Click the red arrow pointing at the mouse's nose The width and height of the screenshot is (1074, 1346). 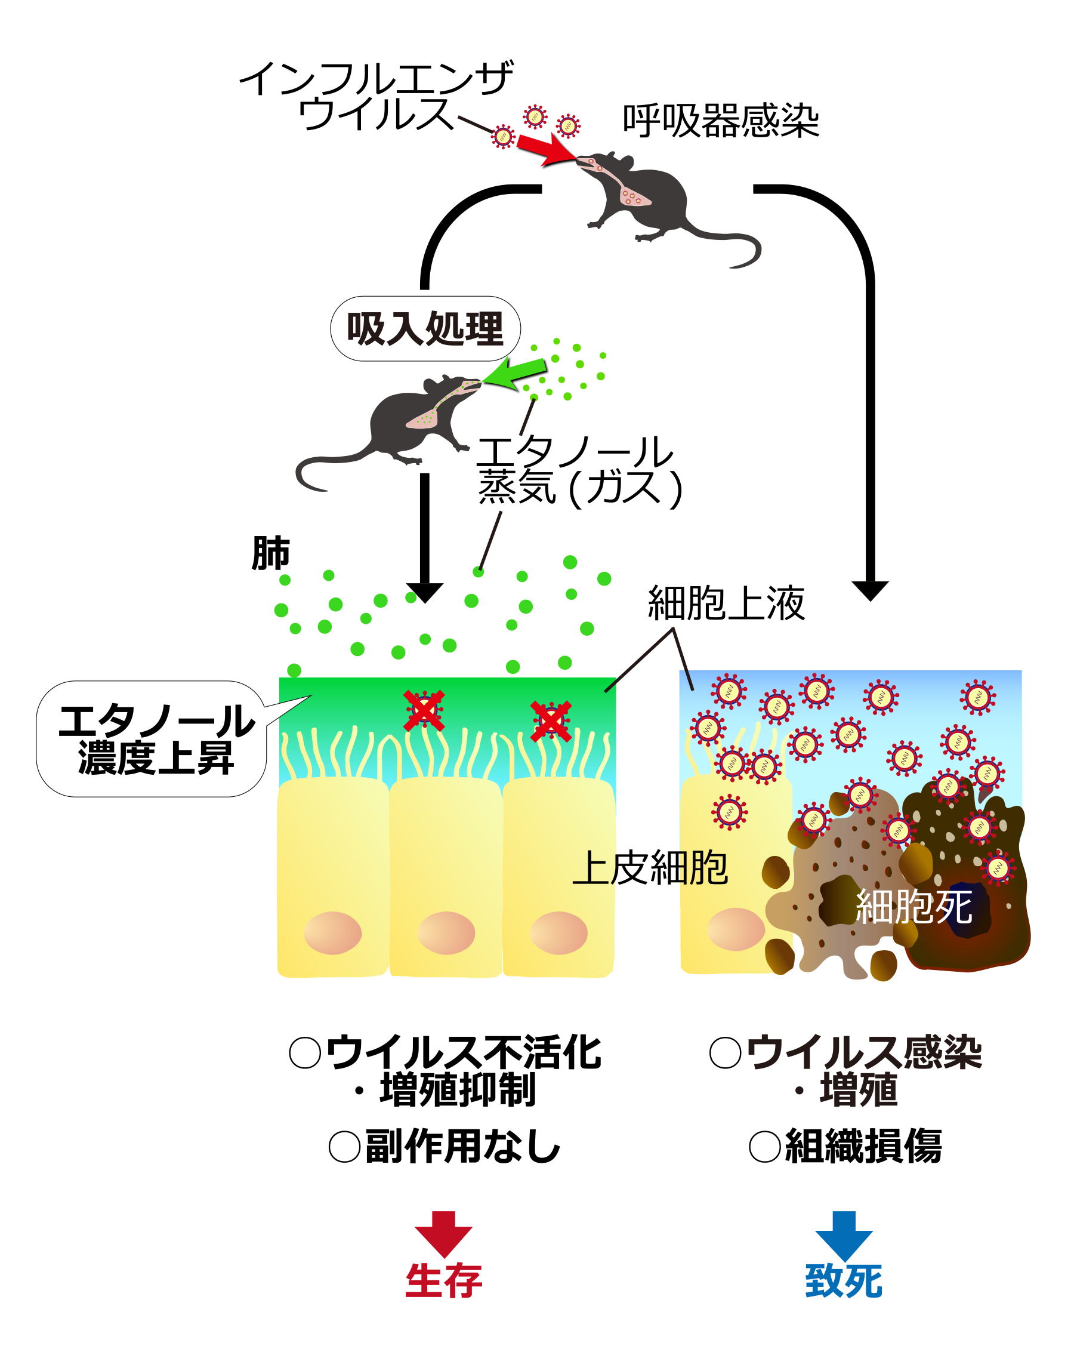545,149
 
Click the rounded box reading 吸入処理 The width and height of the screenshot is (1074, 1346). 425,328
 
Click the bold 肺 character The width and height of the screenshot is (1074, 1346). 270,553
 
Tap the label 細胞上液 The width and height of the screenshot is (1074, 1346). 726,603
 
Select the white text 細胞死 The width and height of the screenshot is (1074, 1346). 913,907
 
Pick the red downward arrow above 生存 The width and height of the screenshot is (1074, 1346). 443,1234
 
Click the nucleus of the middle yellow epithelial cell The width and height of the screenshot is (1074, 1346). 446,933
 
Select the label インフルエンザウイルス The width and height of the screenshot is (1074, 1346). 376,96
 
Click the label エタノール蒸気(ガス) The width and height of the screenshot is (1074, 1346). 579,470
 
